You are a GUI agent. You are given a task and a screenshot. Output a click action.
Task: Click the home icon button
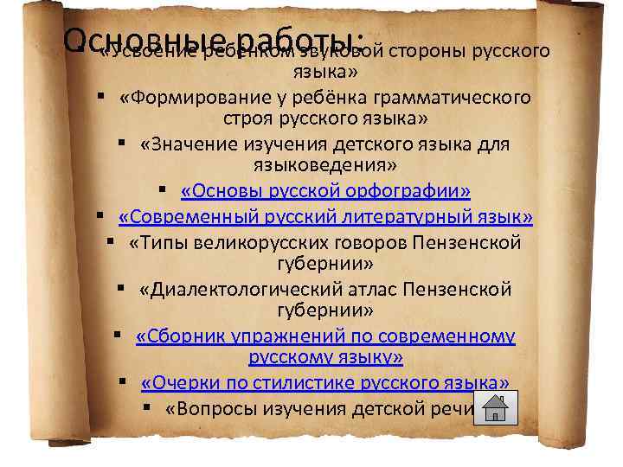[x=496, y=407]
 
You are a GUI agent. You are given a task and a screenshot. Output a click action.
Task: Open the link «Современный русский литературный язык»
[x=325, y=215]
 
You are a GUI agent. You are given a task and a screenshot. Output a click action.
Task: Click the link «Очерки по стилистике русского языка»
[x=324, y=383]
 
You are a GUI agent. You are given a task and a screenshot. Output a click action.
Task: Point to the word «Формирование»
[x=185, y=97]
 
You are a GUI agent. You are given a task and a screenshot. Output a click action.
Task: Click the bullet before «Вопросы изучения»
[x=149, y=407]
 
